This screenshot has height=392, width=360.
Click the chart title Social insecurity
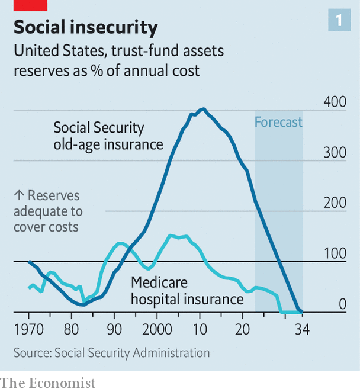(x=85, y=27)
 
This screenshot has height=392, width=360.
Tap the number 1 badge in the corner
(x=339, y=21)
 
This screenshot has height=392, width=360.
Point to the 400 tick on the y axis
(x=335, y=102)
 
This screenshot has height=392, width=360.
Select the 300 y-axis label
(x=335, y=152)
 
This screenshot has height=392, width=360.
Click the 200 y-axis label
(x=335, y=203)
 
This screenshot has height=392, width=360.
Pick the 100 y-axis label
(x=335, y=253)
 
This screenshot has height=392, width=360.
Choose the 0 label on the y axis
(x=342, y=304)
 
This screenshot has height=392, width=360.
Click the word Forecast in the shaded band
(x=278, y=123)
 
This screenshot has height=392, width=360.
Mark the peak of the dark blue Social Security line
(x=202, y=109)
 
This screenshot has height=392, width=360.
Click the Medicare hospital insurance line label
(x=187, y=291)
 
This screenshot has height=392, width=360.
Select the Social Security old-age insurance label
(x=108, y=136)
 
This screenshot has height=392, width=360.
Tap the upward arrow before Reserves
(x=17, y=196)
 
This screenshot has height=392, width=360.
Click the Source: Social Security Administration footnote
(x=111, y=353)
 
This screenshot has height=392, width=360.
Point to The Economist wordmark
(x=48, y=383)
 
